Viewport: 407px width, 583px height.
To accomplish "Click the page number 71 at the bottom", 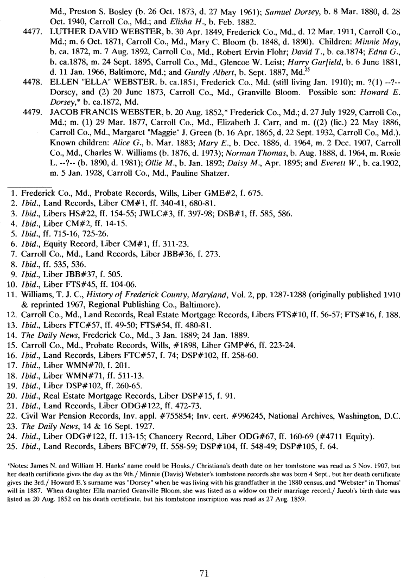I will click(204, 573).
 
